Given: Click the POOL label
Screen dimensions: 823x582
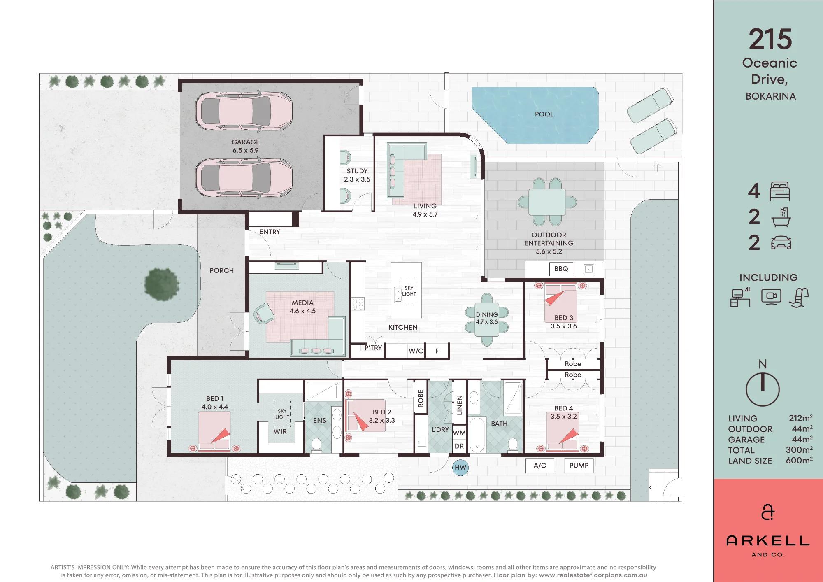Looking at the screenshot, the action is pos(544,114).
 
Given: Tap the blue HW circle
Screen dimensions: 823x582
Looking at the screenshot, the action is pos(460,467).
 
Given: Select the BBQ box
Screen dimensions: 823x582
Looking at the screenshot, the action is pos(561,269).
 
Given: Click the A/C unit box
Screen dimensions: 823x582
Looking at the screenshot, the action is pos(540,466).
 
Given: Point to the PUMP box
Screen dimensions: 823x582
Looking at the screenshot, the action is pos(579,466).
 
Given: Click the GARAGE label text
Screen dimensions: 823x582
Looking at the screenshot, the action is pos(246,142).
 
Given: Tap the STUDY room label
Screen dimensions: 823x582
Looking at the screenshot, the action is pos(357,171).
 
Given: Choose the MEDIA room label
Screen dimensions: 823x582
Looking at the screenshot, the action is pos(302,303).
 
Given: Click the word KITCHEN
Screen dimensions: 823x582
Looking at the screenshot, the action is pos(403,327).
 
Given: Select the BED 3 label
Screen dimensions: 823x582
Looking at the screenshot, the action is pos(564,318).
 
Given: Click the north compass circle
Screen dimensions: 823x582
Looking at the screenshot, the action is pos(763,390).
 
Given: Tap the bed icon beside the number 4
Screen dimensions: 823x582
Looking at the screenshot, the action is pos(779,191).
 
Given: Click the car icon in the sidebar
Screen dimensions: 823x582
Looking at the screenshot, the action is pos(781,243).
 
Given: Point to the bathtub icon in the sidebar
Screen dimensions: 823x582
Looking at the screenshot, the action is pos(781,217).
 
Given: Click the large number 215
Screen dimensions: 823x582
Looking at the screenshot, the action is pos(770,39).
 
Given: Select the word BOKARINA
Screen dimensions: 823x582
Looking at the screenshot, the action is pos(771,96).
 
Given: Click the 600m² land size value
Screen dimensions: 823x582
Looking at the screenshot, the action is pos(799,461).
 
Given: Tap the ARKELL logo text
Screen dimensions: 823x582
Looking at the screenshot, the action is pos(768,540).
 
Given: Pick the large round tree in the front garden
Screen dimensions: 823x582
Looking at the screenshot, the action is pos(162,284).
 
